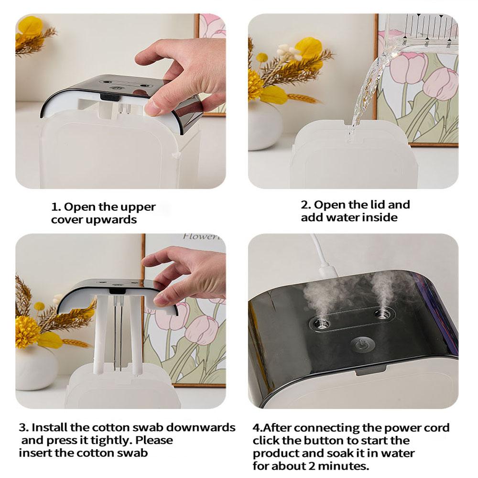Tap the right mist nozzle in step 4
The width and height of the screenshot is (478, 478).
pos(381,314)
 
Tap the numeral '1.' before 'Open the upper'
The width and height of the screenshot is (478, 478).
pos(56,207)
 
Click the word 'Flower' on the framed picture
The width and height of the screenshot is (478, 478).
pos(198,237)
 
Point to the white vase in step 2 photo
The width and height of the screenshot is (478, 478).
pos(264,125)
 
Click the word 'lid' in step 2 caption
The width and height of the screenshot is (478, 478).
pos(377,205)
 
